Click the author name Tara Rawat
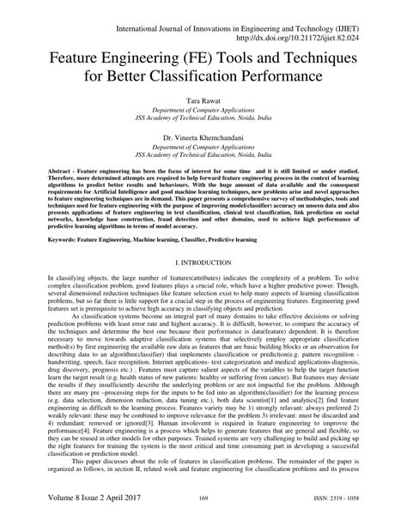203,101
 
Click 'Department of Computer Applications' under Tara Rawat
203,112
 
